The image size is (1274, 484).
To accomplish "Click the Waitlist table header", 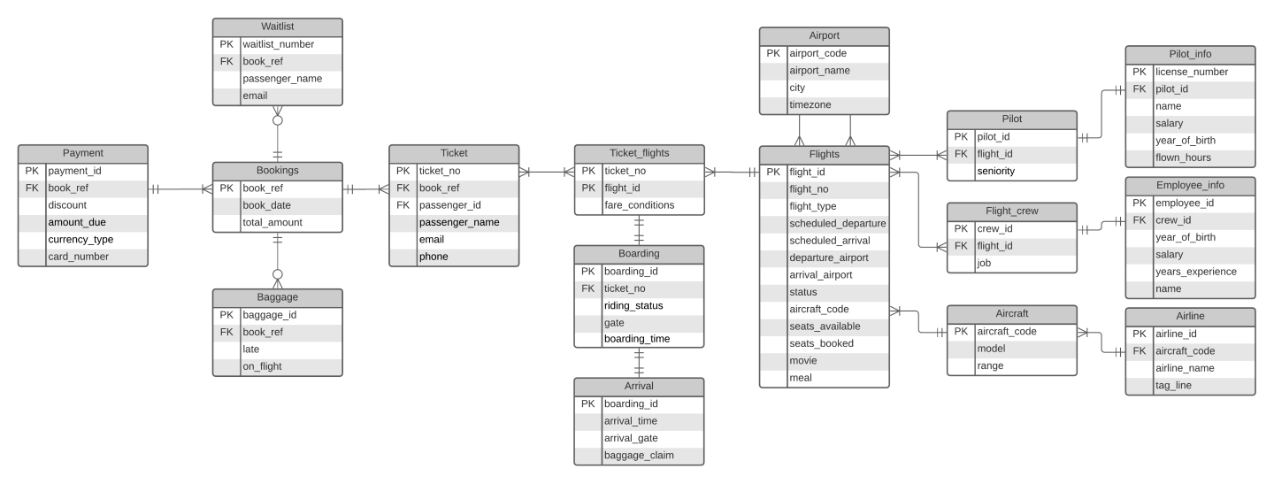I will pos(278,27).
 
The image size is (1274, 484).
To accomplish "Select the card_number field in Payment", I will pos(79,257).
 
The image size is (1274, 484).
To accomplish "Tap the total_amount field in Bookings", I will pos(272,223).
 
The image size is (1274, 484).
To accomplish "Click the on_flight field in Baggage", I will pos(263,366).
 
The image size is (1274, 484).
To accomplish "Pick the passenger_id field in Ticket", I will pos(449,205).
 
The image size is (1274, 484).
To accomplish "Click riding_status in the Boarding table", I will pos(633,305).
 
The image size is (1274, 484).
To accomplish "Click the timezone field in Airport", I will pos(810,105).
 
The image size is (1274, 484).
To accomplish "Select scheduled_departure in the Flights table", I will pos(837,223).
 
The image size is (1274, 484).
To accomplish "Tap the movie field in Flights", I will pos(803,361).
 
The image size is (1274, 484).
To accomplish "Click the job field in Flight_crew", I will pos(985,263).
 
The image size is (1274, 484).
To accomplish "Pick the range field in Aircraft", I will pos(990,365).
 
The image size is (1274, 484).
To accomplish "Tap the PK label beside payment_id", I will pos(32,171).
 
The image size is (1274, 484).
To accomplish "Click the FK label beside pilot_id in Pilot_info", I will pos(1139,89).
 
